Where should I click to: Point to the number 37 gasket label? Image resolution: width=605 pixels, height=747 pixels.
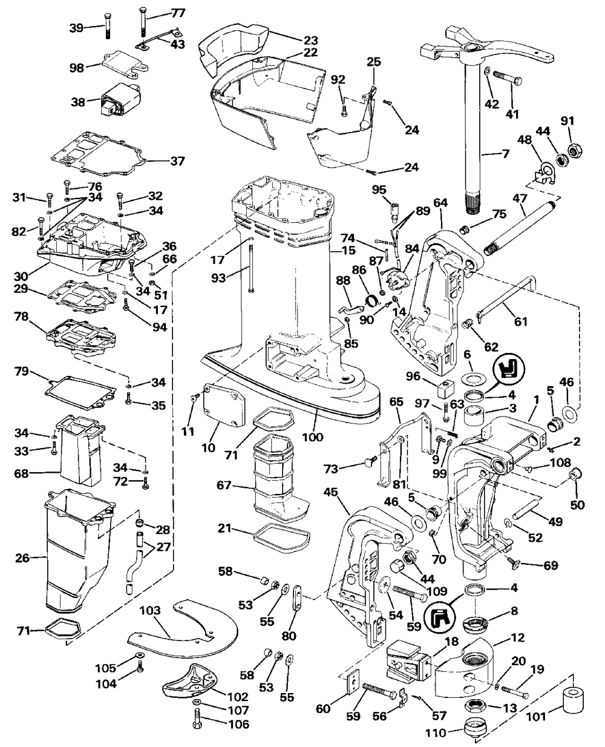pos(178,161)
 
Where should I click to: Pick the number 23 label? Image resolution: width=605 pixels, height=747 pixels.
pos(310,40)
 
